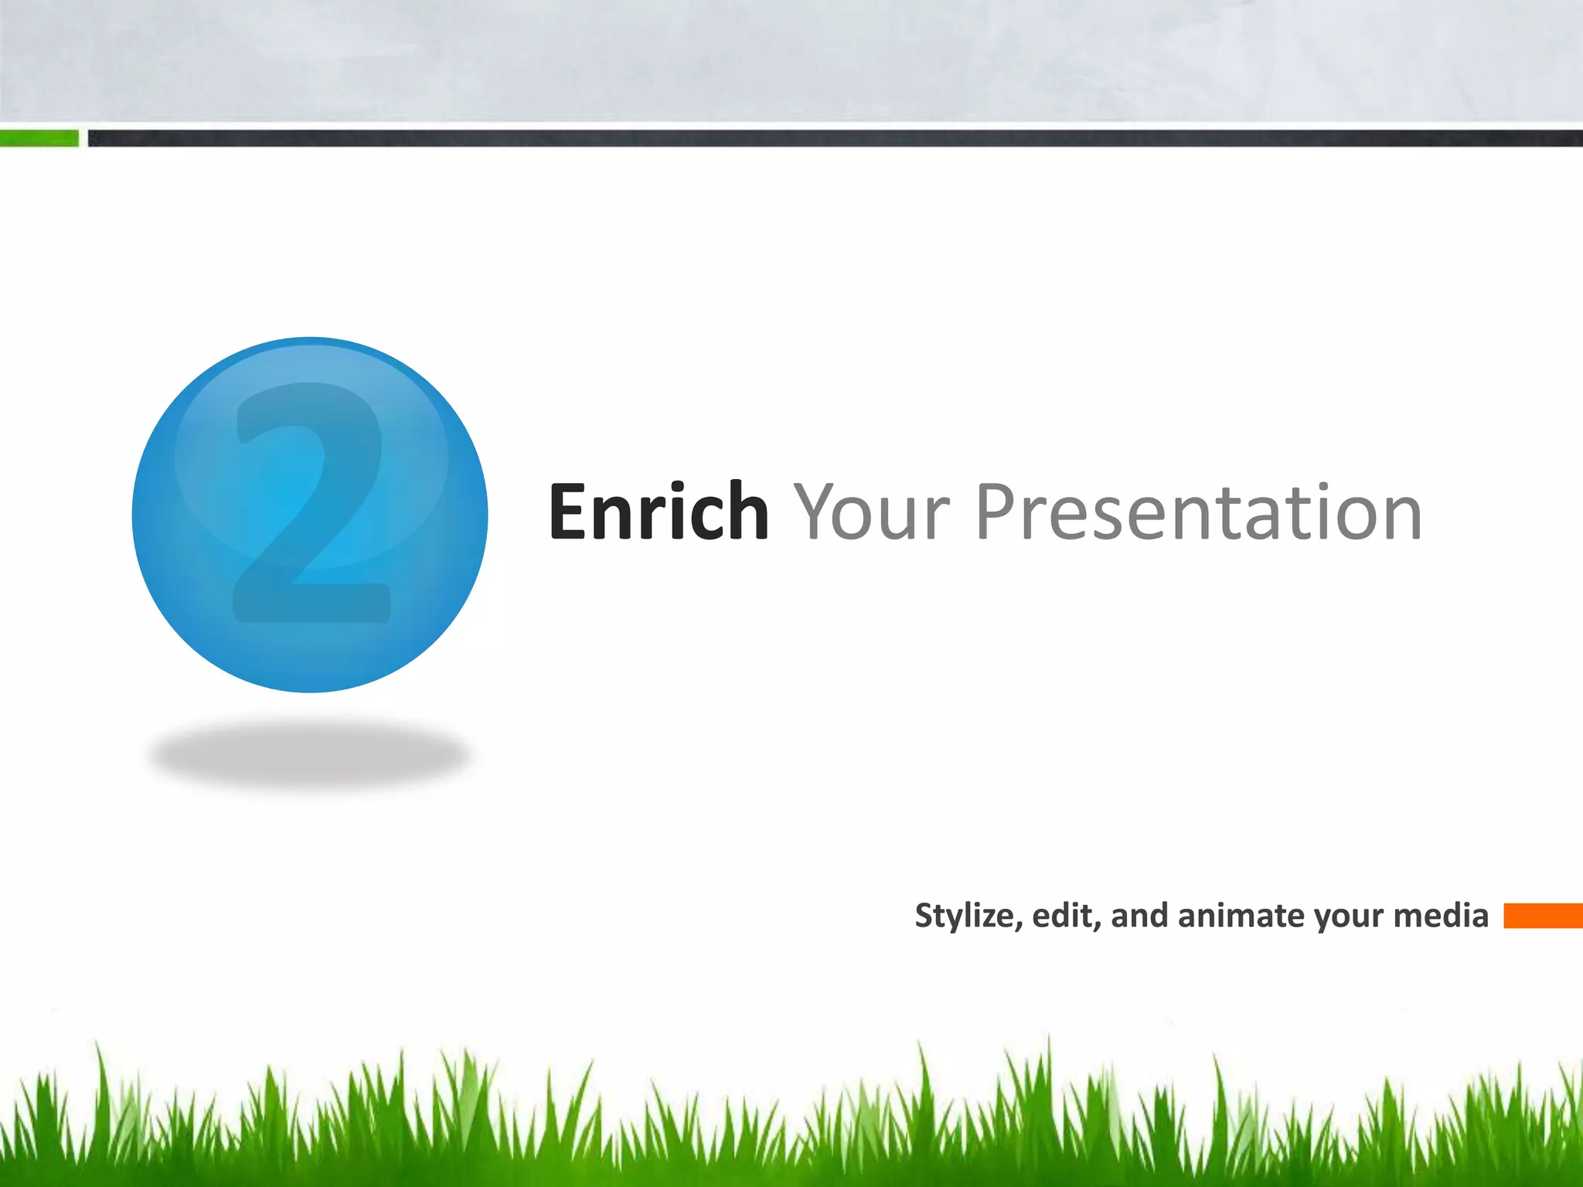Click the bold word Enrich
coord(658,512)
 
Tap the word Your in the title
coord(872,512)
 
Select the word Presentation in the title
coord(1198,512)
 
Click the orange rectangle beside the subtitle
coord(1542,916)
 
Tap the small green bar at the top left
coord(39,138)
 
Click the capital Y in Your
coord(818,511)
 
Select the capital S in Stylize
coord(924,916)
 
